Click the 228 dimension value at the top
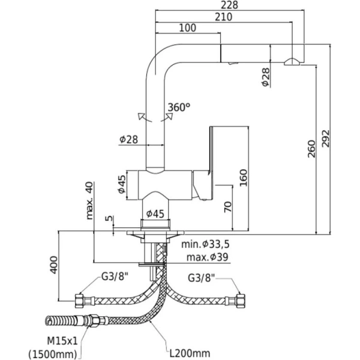230,5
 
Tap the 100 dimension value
188,28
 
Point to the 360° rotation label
179,107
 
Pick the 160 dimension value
242,177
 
